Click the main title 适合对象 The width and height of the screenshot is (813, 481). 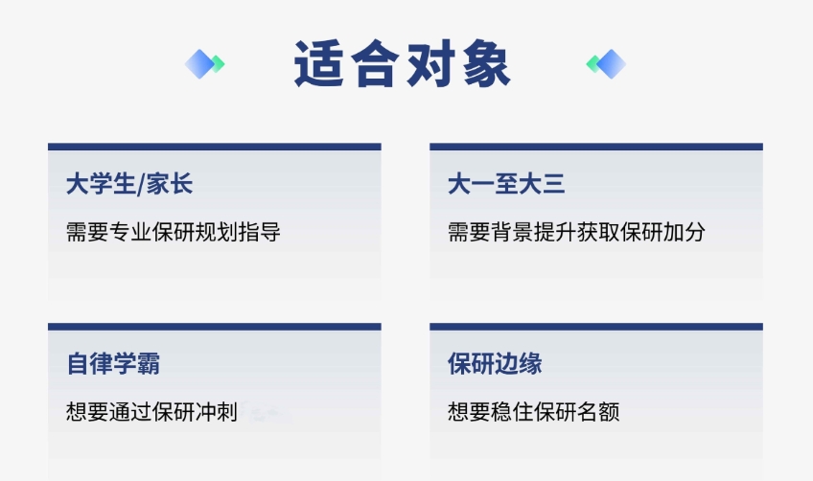pyautogui.click(x=403, y=64)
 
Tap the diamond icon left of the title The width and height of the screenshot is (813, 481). pyautogui.click(x=204, y=64)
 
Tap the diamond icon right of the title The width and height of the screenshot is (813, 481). pyautogui.click(x=606, y=64)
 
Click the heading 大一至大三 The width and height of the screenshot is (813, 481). pyautogui.click(x=506, y=184)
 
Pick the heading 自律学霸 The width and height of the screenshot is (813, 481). pyautogui.click(x=113, y=363)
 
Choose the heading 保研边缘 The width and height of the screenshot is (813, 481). pyautogui.click(x=495, y=363)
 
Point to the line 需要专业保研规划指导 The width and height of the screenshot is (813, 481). pyautogui.click(x=174, y=232)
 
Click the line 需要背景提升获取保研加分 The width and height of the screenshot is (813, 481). pyautogui.click(x=576, y=232)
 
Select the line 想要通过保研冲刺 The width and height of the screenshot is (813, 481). pyautogui.click(x=151, y=412)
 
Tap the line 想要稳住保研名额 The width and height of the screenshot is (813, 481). pyautogui.click(x=533, y=412)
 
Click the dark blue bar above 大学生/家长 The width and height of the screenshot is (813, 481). pyautogui.click(x=215, y=147)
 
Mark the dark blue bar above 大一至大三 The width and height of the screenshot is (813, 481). pyautogui.click(x=596, y=147)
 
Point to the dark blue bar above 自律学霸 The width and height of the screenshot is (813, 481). pyautogui.click(x=215, y=327)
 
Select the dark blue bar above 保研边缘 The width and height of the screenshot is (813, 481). pyautogui.click(x=596, y=327)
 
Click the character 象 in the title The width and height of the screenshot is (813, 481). pyautogui.click(x=487, y=64)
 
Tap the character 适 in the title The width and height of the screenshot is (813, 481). pyautogui.click(x=318, y=64)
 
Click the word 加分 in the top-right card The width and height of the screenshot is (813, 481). pyautogui.click(x=684, y=232)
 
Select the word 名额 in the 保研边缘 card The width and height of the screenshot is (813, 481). pyautogui.click(x=598, y=412)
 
